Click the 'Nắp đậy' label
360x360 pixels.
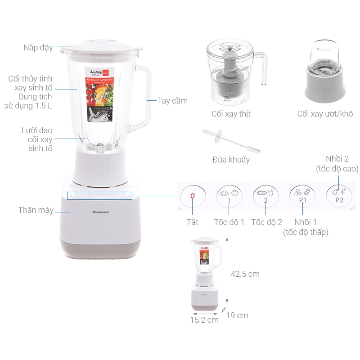pyautogui.click(x=38, y=47)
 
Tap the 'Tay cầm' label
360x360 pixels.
pyautogui.click(x=172, y=101)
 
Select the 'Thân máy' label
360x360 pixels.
pyautogui.click(x=36, y=210)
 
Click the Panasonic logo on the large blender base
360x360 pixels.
pyautogui.click(x=100, y=212)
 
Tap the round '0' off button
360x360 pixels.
pyautogui.click(x=193, y=197)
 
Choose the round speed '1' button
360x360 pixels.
pyautogui.click(x=229, y=197)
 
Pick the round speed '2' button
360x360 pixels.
pyautogui.click(x=266, y=197)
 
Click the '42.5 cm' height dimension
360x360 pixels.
pyautogui.click(x=245, y=274)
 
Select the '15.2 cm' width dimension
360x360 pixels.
pyautogui.click(x=204, y=320)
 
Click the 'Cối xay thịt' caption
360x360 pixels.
pyautogui.click(x=231, y=114)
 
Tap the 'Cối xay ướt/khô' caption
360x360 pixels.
pyautogui.click(x=325, y=114)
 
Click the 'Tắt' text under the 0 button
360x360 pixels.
pyautogui.click(x=193, y=222)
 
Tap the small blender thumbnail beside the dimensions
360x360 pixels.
pyautogui.click(x=207, y=274)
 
